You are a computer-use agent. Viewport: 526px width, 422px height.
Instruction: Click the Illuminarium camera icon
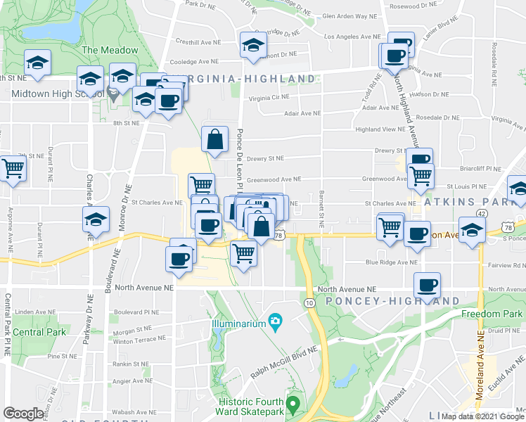(x=276, y=322)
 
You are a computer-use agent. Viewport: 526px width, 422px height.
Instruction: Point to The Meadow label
(x=110, y=51)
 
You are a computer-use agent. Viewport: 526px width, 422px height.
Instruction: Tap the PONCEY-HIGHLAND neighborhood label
(x=393, y=301)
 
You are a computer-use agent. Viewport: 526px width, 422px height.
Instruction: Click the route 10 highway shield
(x=309, y=302)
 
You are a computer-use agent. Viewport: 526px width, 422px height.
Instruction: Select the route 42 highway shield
(x=481, y=214)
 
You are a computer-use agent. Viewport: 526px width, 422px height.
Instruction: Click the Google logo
(x=23, y=414)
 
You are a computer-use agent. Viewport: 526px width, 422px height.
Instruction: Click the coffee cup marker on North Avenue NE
(x=427, y=285)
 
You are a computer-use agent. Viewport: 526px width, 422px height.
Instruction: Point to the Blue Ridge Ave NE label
(x=392, y=262)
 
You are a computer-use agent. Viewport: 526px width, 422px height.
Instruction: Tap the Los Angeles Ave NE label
(x=347, y=37)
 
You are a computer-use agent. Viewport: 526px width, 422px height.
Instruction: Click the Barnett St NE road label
(x=321, y=211)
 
